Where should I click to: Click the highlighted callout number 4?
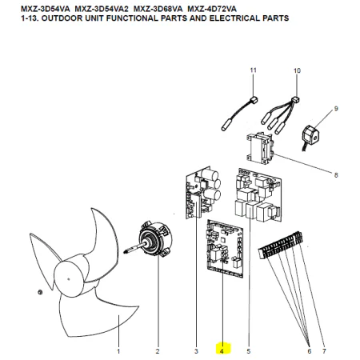[222, 351]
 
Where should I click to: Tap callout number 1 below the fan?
[118, 351]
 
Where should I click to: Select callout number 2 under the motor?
[158, 351]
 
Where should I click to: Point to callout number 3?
[196, 351]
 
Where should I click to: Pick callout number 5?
[249, 351]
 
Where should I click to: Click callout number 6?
[310, 351]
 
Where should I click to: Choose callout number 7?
[324, 351]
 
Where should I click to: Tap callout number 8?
[336, 175]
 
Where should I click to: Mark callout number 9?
[336, 109]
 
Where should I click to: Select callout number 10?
[297, 70]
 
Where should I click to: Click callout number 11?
[253, 70]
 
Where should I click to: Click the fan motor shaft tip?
[124, 251]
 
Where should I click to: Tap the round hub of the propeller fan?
[69, 278]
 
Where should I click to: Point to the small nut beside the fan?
[40, 292]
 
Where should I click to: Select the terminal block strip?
[281, 245]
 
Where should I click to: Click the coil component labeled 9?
[310, 136]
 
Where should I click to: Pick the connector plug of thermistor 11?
[254, 100]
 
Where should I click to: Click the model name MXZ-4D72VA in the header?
[212, 9]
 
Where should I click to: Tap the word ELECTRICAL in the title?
[234, 18]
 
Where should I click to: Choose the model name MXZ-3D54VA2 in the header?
[102, 9]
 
